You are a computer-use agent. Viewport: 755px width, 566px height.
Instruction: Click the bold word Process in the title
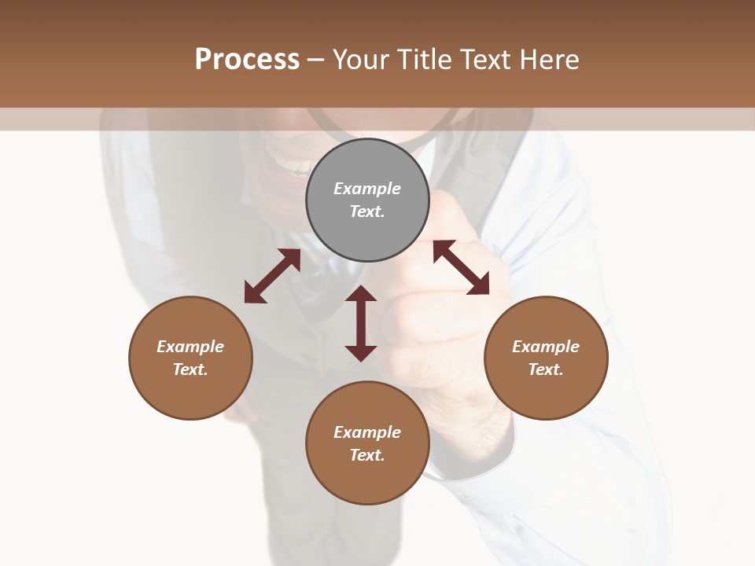pyautogui.click(x=247, y=60)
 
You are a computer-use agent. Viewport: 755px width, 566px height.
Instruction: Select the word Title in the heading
pyautogui.click(x=421, y=60)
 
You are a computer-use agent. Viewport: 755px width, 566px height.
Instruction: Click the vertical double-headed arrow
pyautogui.click(x=361, y=323)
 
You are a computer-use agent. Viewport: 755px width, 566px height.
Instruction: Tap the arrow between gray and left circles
pyautogui.click(x=272, y=276)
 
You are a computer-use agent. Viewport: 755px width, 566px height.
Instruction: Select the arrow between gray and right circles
pyautogui.click(x=461, y=267)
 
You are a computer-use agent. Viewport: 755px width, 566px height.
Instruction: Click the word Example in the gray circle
pyautogui.click(x=367, y=189)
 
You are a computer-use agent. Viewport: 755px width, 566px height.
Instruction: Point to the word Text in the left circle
pyautogui.click(x=190, y=369)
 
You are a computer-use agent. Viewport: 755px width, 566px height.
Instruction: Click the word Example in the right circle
pyautogui.click(x=546, y=347)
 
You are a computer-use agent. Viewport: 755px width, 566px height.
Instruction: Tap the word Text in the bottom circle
pyautogui.click(x=367, y=455)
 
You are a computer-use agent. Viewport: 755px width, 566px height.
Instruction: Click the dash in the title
pyautogui.click(x=315, y=61)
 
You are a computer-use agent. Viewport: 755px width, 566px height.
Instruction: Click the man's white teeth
pyautogui.click(x=296, y=167)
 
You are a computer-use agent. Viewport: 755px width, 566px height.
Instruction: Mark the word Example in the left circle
pyautogui.click(x=190, y=347)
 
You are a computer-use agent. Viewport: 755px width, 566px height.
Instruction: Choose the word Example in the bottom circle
pyautogui.click(x=367, y=432)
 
